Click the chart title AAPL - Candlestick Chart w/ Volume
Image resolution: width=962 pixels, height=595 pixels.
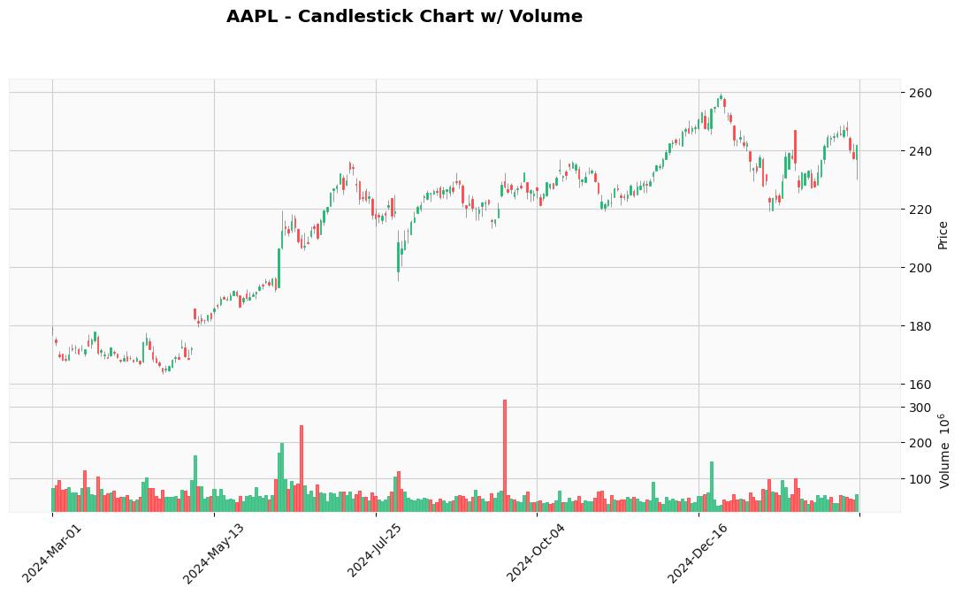coord(404,17)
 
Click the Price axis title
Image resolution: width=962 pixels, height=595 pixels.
coord(943,234)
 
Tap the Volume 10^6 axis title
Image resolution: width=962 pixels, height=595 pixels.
coord(944,450)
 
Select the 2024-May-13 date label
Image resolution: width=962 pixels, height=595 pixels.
coord(213,553)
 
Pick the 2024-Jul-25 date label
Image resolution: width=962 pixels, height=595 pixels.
coord(375,553)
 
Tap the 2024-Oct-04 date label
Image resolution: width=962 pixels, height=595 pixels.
coord(536,553)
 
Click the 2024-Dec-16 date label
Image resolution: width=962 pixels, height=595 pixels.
coord(697,553)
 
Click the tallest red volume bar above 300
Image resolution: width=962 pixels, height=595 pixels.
coord(505,455)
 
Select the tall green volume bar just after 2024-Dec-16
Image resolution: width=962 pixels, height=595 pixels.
coord(711,486)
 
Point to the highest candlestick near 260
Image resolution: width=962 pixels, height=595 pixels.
coord(721,97)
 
